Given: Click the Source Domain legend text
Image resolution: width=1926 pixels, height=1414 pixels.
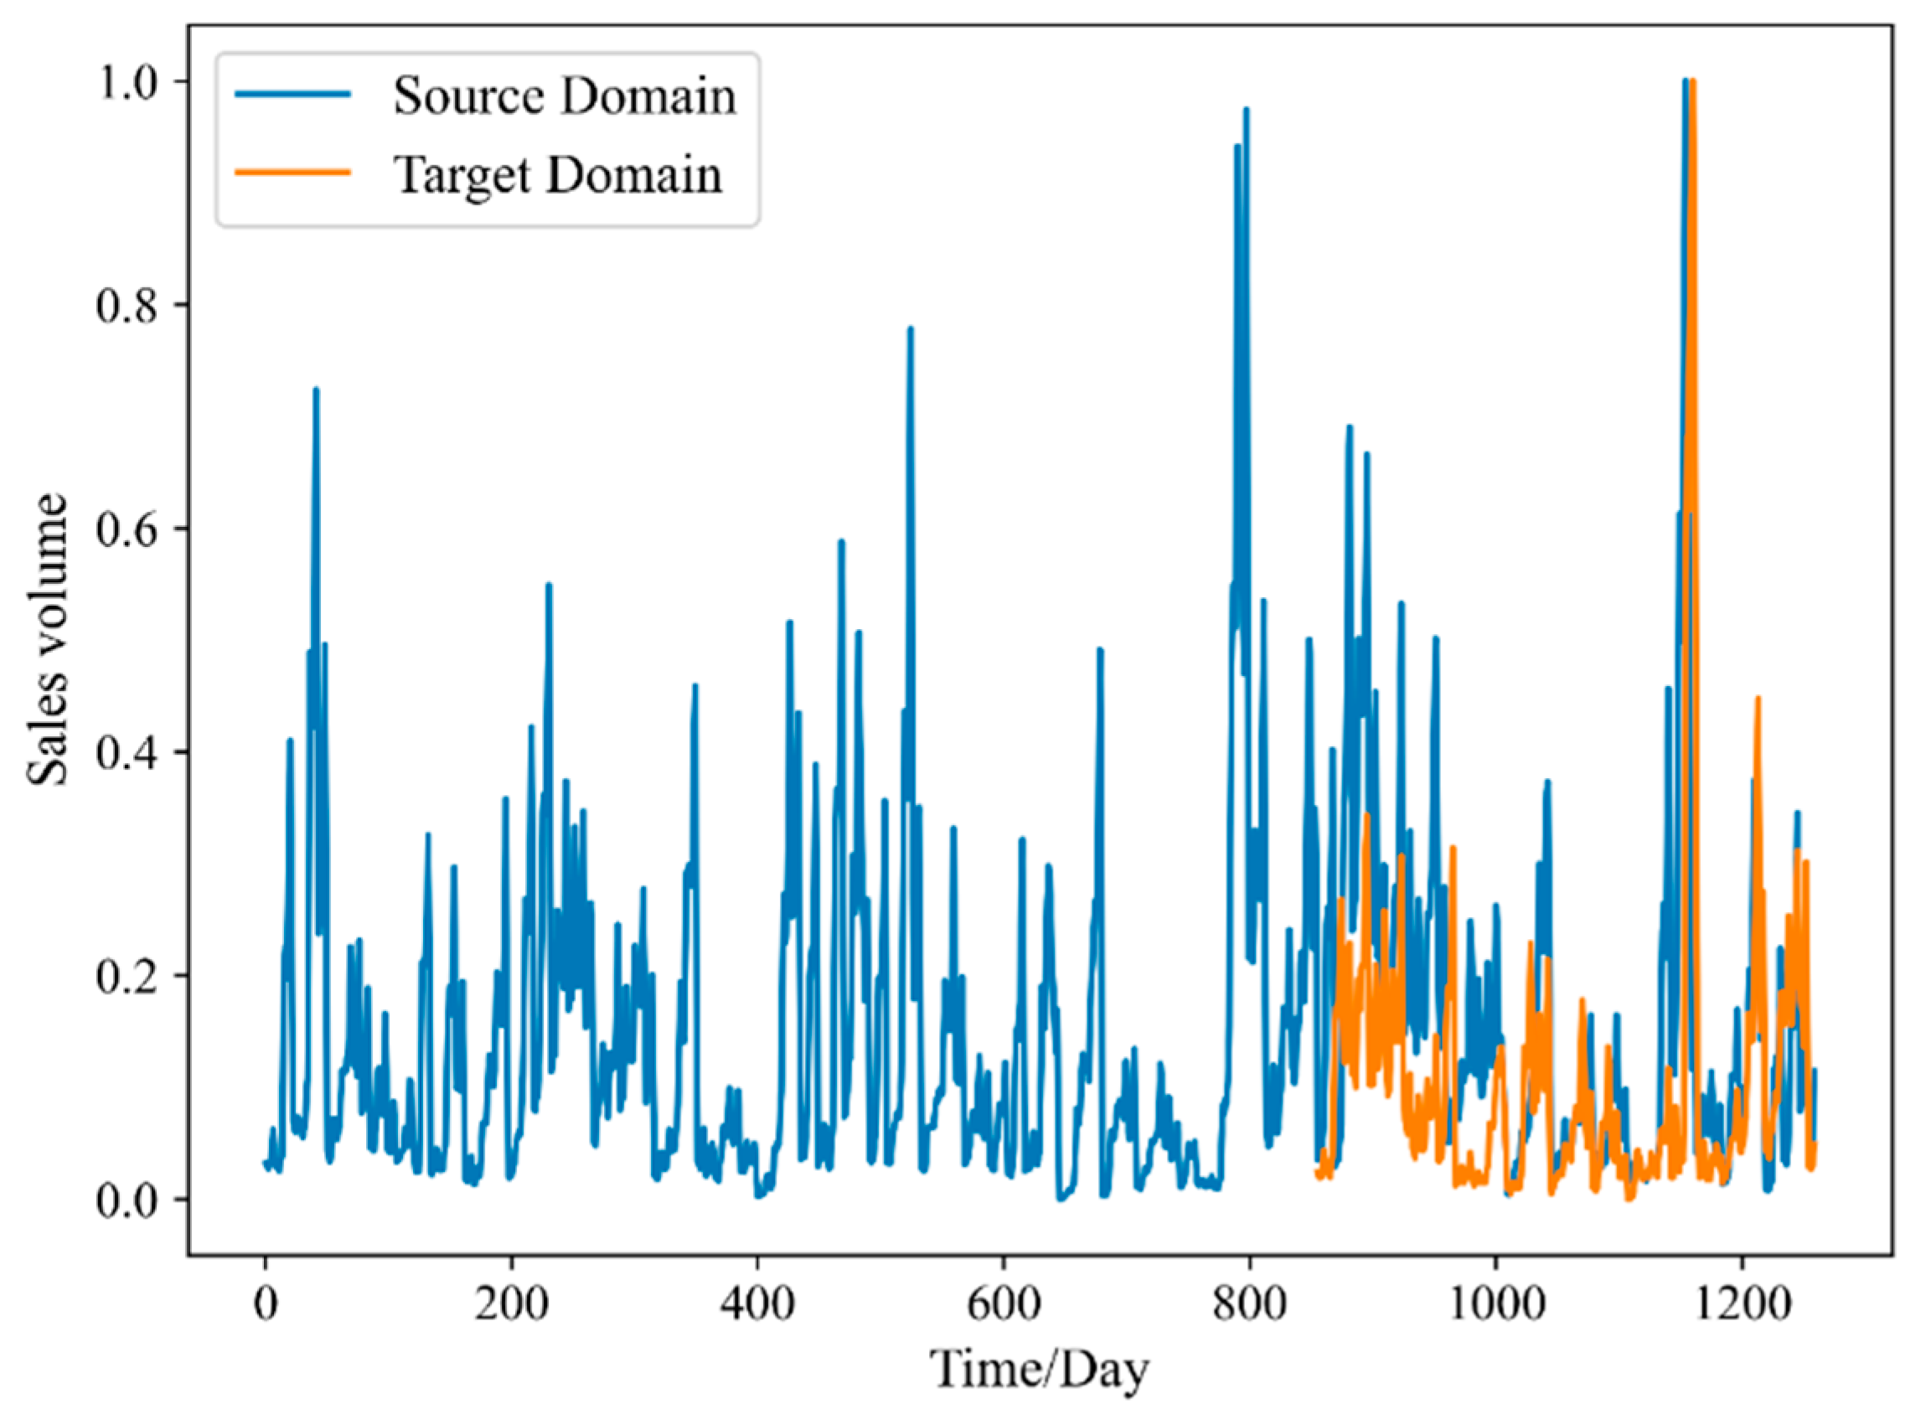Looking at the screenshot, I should pos(564,95).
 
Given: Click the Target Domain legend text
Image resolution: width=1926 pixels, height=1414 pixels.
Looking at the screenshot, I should pos(557,174).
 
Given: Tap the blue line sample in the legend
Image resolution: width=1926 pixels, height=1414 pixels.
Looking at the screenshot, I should pos(293,94).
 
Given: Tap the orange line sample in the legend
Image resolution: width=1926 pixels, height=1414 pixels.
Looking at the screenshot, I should pos(293,172).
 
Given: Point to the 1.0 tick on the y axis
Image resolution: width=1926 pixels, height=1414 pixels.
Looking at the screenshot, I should pos(128,82).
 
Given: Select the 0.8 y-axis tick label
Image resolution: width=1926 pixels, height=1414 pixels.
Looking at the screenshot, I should pos(128,306).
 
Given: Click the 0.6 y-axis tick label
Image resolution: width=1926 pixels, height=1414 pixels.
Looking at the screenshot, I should pos(128,529).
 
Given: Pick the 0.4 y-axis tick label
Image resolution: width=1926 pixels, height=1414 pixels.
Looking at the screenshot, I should pos(128,752).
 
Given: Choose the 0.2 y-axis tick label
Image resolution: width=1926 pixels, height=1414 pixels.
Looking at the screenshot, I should pos(128,976).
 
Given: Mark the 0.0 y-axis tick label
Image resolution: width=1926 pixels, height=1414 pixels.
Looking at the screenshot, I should pos(128,1200).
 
